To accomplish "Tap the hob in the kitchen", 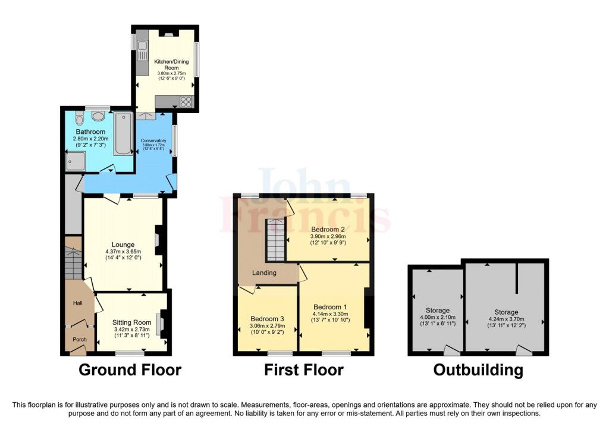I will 186,102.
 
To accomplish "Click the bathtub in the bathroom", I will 123,133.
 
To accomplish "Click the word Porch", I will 80,340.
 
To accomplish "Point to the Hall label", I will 78,303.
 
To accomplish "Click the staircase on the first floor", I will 275,239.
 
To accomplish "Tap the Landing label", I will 264,273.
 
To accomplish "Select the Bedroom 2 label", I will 328,229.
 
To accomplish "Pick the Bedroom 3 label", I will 267,318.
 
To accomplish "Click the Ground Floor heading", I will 130,370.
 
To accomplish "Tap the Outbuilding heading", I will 478,370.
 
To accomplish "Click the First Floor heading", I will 304,370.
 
